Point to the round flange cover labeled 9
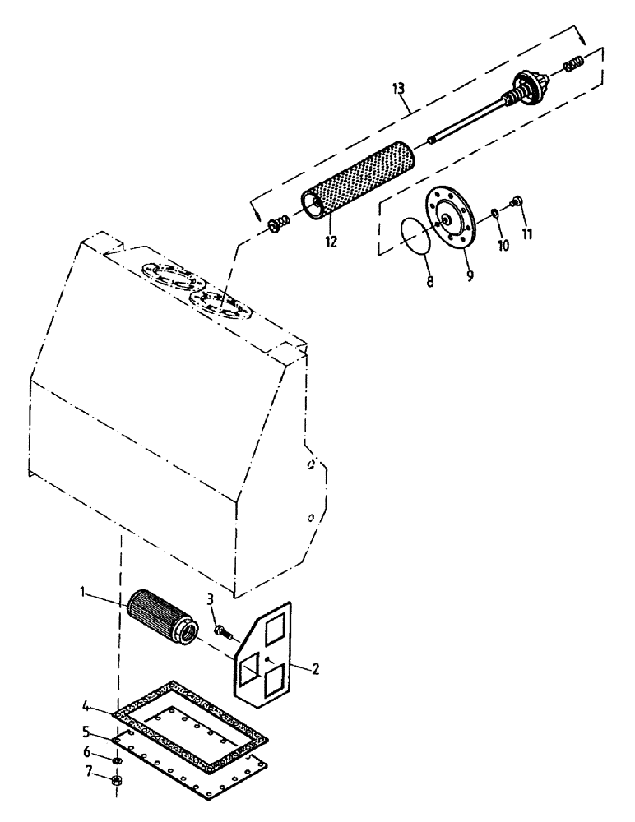[452, 216]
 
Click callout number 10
[503, 245]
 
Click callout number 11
[527, 234]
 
